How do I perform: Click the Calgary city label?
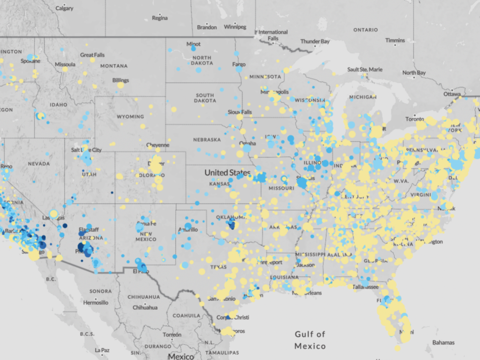tap(64, 8)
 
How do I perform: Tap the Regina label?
tap(160, 18)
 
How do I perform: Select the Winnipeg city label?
tap(235, 27)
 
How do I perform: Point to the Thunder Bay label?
tap(315, 41)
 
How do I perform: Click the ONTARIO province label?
tap(365, 30)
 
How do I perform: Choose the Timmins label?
tap(395, 40)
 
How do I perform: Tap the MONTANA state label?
tap(114, 66)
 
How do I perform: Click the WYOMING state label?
tap(130, 117)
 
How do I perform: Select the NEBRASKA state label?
tap(207, 140)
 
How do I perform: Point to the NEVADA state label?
tap(39, 164)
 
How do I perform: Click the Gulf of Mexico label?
tap(310, 340)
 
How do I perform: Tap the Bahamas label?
tap(443, 342)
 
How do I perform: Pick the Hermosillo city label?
tap(96, 303)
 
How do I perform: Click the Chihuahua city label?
tap(145, 307)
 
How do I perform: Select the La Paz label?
tap(102, 350)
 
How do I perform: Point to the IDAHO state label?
tap(58, 105)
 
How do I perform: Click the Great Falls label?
tap(92, 55)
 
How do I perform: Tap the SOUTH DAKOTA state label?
tap(205, 98)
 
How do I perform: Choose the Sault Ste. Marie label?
tap(364, 69)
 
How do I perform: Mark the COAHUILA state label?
tap(186, 316)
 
